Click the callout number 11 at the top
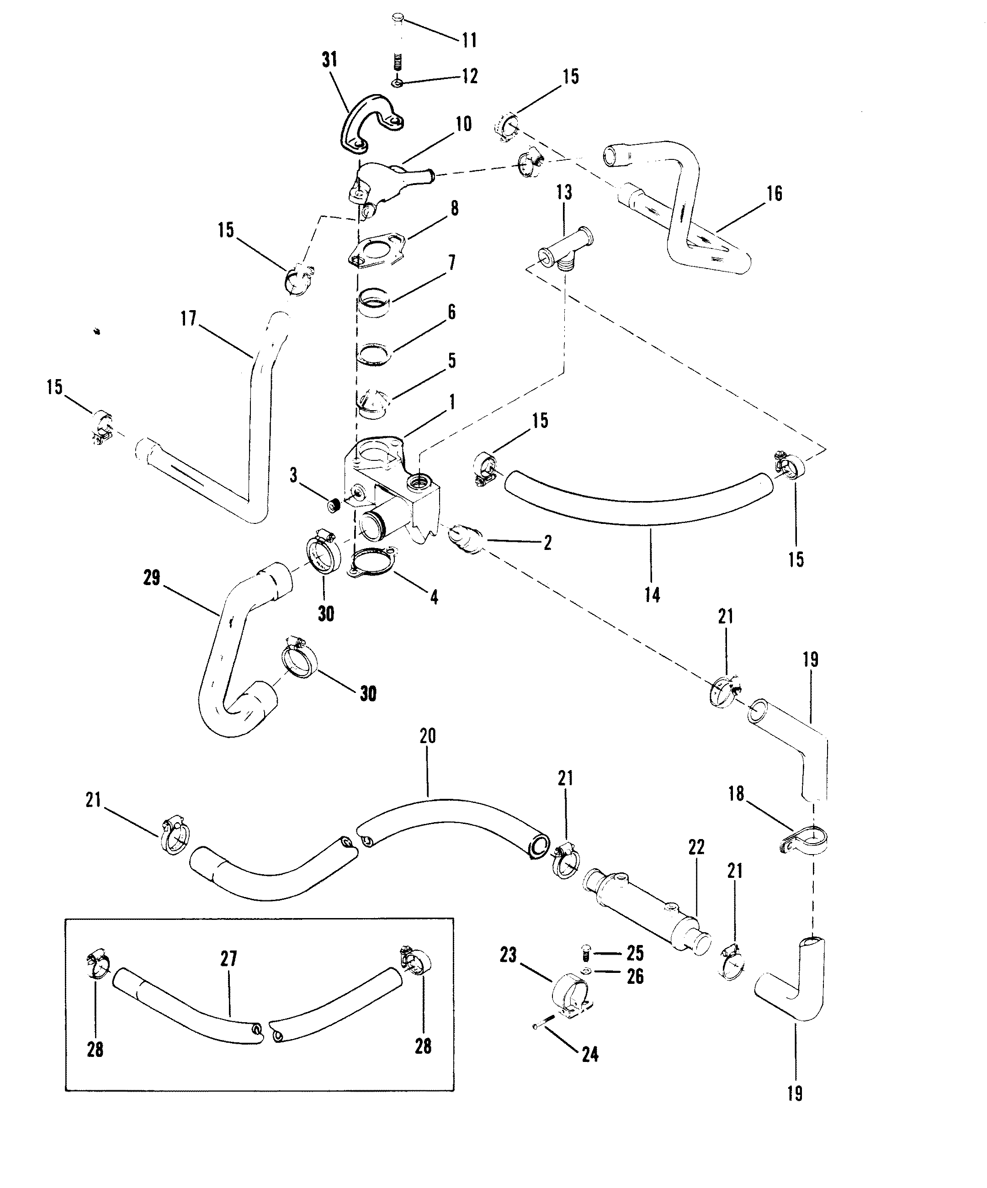pyautogui.click(x=469, y=40)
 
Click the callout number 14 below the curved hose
pyautogui.click(x=652, y=595)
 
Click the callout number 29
pyautogui.click(x=152, y=578)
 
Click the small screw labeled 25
pyautogui.click(x=586, y=954)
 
